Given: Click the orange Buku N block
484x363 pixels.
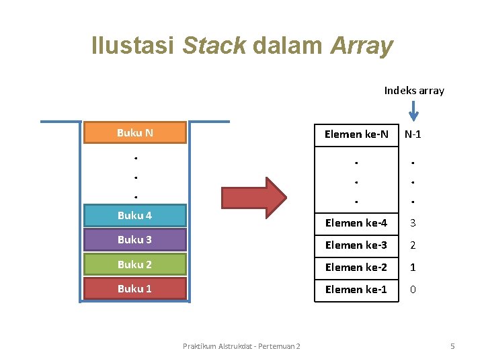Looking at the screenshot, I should pyautogui.click(x=134, y=132).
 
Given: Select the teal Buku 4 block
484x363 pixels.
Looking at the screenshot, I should pyautogui.click(x=134, y=215).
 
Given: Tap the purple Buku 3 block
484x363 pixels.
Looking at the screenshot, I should pyautogui.click(x=134, y=239).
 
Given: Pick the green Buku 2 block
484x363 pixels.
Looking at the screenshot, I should pyautogui.click(x=134, y=264).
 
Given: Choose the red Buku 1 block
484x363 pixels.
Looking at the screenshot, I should pyautogui.click(x=134, y=288).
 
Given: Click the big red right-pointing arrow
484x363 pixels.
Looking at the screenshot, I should pyautogui.click(x=253, y=199).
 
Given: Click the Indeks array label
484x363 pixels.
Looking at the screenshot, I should pyautogui.click(x=414, y=90).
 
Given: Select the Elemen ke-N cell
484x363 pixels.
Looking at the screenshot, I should pyautogui.click(x=356, y=134).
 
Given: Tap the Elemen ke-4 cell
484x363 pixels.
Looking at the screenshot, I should pyautogui.click(x=356, y=223).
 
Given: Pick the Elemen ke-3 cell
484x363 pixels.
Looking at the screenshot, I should pyautogui.click(x=356, y=245).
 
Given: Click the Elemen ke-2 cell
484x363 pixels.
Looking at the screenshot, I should pyautogui.click(x=356, y=267).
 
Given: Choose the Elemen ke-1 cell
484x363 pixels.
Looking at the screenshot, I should pyautogui.click(x=356, y=289).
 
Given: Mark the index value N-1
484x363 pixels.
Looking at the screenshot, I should pyautogui.click(x=413, y=134).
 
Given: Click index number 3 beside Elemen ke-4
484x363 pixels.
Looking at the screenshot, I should pyautogui.click(x=413, y=223).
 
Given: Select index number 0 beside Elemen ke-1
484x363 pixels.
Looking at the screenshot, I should pyautogui.click(x=413, y=289).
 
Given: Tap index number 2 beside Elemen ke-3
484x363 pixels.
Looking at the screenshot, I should pyautogui.click(x=413, y=245).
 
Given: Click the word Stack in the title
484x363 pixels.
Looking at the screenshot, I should pyautogui.click(x=214, y=46).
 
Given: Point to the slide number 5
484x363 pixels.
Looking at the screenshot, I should pyautogui.click(x=452, y=346).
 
